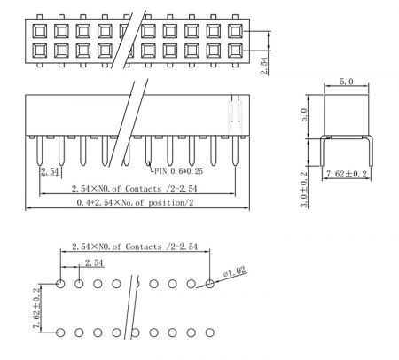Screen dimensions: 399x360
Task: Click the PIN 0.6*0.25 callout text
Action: (179, 171)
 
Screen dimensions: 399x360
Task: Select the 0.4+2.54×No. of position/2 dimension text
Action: (135, 203)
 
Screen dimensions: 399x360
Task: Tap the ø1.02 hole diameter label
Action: (235, 271)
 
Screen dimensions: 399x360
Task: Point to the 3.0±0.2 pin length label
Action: (304, 190)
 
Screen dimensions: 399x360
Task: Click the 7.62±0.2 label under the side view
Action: (346, 174)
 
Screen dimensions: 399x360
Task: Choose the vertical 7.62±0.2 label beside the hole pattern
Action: (36, 309)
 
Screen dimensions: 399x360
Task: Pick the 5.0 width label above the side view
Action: (346, 82)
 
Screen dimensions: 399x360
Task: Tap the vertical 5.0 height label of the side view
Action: (304, 115)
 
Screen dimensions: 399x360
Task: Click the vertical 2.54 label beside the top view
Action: (264, 66)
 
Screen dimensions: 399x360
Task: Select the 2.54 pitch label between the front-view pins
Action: (50, 171)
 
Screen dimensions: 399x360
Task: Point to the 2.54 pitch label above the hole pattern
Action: (94, 262)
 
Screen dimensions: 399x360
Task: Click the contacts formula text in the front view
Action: (134, 189)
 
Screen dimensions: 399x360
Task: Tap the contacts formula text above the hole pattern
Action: (135, 247)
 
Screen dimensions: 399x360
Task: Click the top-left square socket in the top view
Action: (40, 31)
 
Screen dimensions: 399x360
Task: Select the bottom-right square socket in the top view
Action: (235, 51)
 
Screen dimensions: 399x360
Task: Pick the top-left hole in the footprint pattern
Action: (60, 284)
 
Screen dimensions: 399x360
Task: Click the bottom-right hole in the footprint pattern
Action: (210, 333)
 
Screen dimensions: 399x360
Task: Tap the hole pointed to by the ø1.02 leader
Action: (210, 284)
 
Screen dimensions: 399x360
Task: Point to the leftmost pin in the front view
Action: (40, 150)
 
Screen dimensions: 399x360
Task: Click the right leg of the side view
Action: (371, 152)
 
